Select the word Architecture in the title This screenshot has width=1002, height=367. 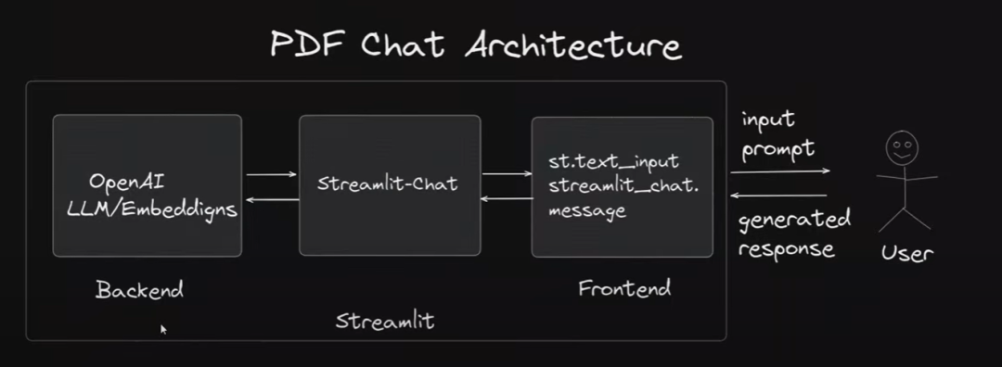tap(572, 44)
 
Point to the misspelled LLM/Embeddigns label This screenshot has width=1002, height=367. tap(152, 209)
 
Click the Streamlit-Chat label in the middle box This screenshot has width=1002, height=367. tap(388, 183)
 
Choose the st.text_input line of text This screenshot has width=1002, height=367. tap(613, 163)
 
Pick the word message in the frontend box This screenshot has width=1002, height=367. tap(586, 211)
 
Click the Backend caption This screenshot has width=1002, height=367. tap(139, 290)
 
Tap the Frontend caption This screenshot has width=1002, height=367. tap(623, 288)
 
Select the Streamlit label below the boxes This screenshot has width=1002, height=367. tap(384, 322)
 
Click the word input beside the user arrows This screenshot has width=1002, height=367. tap(767, 120)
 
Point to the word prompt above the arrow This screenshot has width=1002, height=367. tap(778, 149)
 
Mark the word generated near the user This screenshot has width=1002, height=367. tap(794, 221)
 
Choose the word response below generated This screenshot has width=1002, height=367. tap(786, 248)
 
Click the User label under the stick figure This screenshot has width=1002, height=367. tap(906, 252)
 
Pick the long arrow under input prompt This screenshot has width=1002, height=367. tap(779, 171)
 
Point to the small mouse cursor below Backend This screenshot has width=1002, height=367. tap(163, 328)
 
